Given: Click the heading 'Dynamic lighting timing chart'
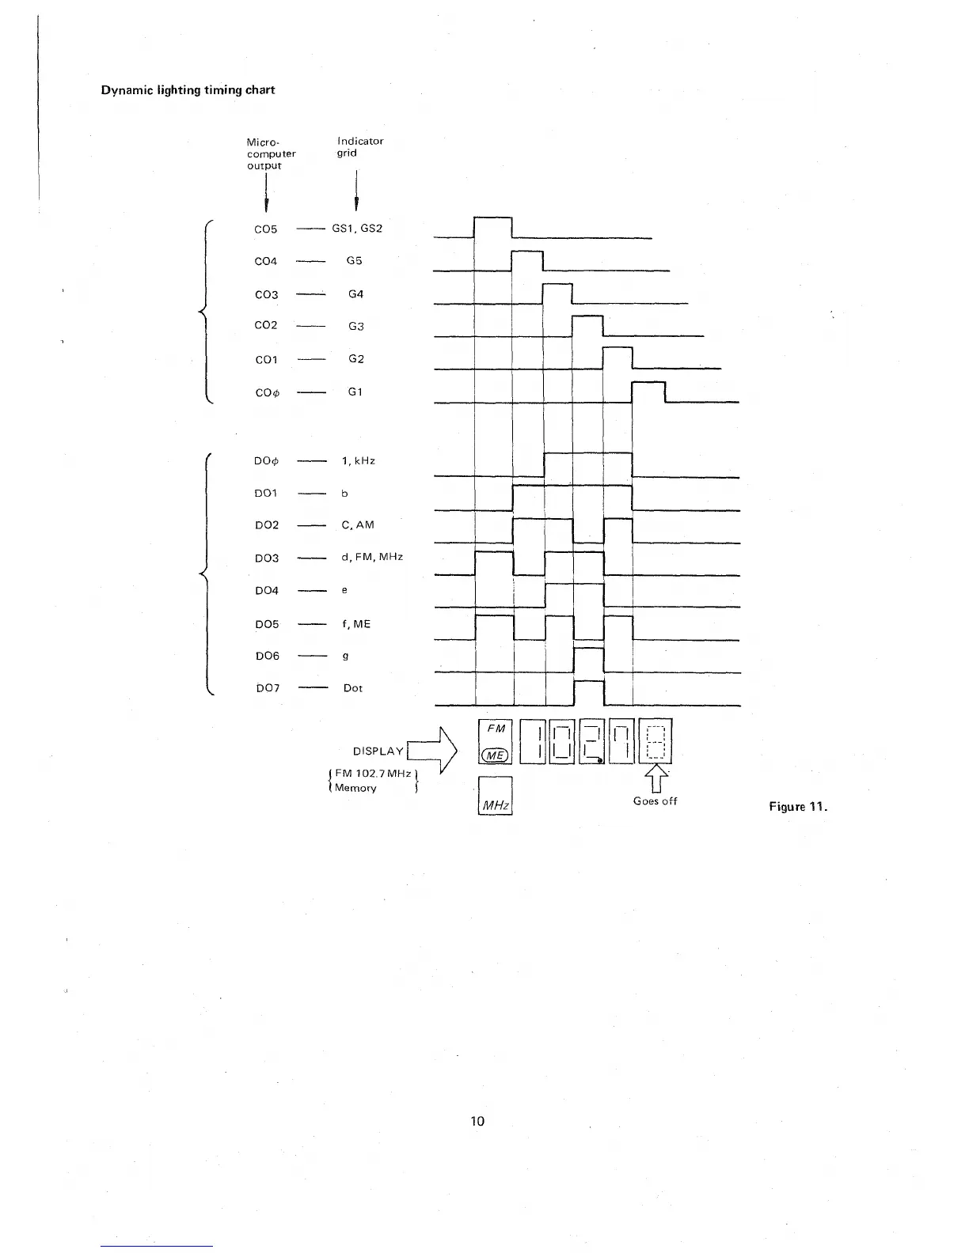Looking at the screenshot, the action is (x=188, y=90).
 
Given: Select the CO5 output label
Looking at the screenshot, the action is (x=266, y=229).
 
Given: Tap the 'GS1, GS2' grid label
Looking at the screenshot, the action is (x=357, y=229).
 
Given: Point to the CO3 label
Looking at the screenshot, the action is (x=266, y=295).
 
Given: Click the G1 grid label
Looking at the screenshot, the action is (x=355, y=392).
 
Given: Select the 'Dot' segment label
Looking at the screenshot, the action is (x=353, y=688).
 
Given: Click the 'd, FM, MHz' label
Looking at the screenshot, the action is (x=372, y=557).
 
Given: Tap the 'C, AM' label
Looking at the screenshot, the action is (x=358, y=525).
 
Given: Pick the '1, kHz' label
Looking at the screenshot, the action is (x=359, y=460).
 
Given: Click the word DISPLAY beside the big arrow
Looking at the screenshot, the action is (x=378, y=751).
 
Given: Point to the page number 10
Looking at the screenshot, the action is (x=477, y=1121).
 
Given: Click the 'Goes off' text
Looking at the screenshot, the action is (x=655, y=801).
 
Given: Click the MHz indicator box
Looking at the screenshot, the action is (x=496, y=796).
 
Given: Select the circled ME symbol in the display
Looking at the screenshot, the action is (x=496, y=755).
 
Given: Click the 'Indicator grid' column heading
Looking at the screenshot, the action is (x=360, y=146).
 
